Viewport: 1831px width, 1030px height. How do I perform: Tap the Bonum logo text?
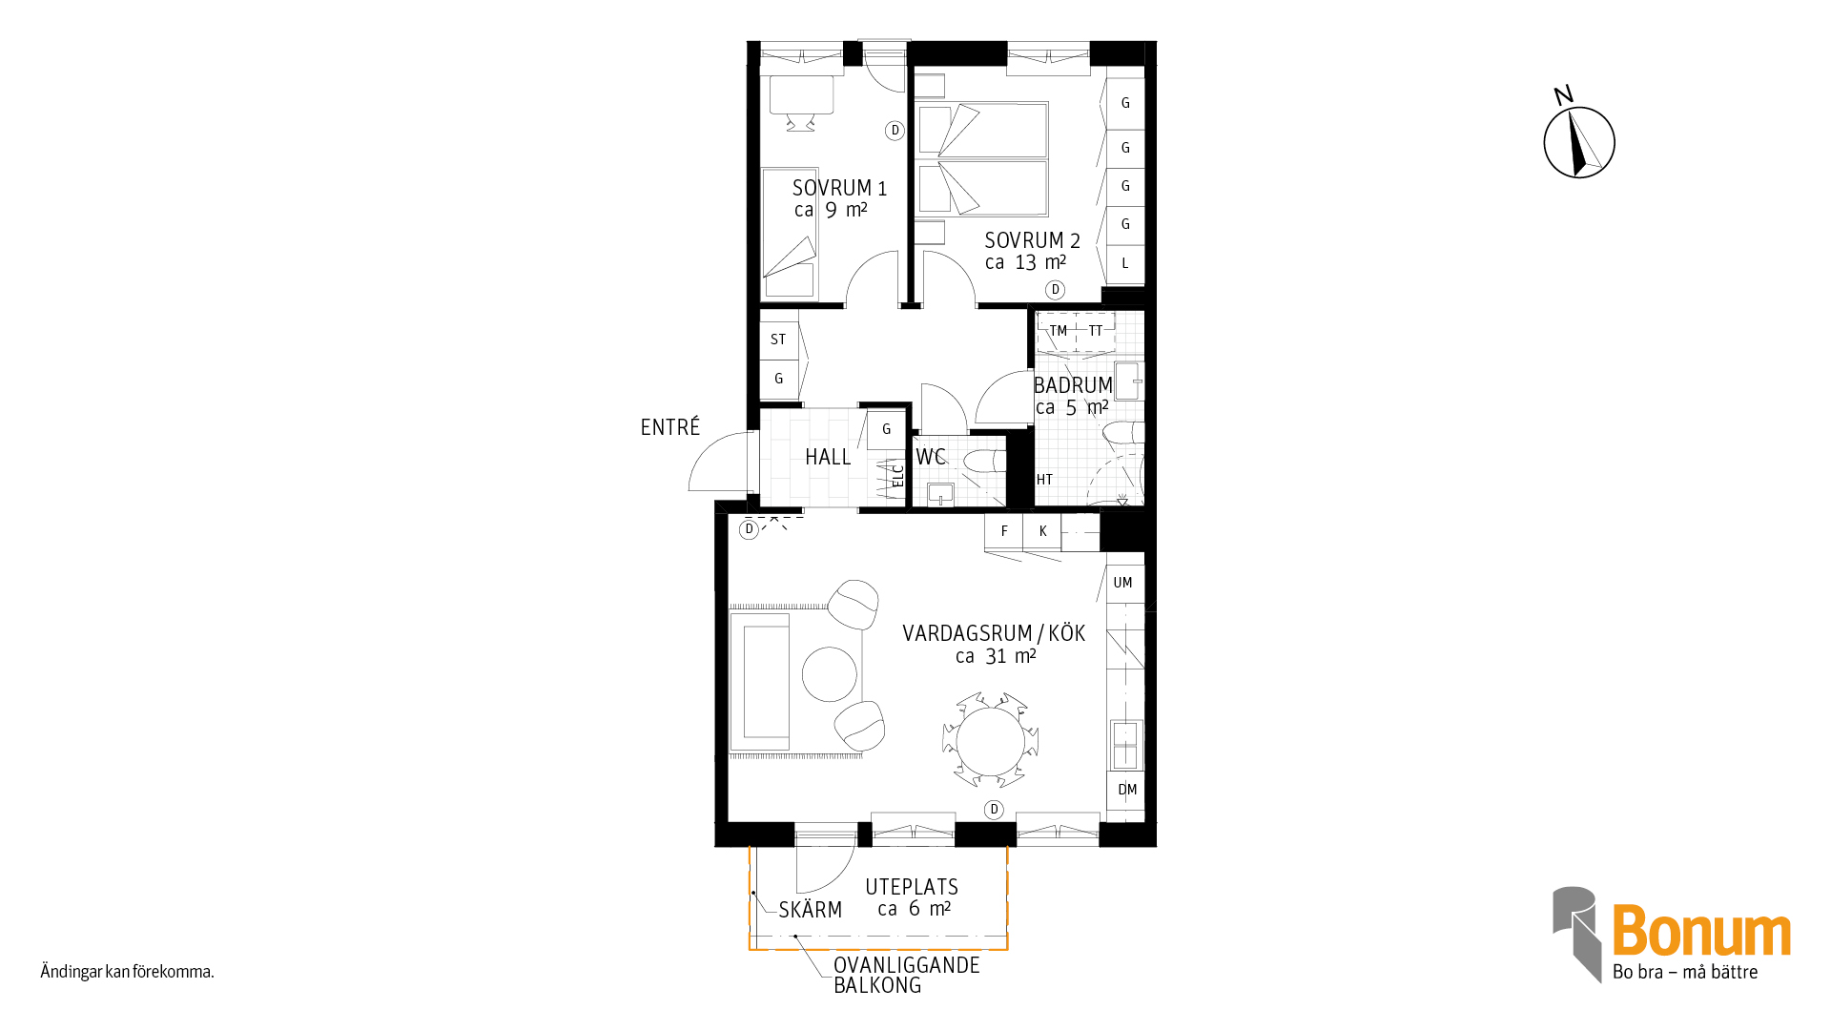click(1701, 931)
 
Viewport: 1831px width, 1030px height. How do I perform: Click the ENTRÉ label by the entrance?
click(670, 427)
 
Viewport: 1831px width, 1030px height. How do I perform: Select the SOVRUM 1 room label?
click(839, 188)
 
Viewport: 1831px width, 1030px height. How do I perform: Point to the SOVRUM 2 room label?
click(1032, 240)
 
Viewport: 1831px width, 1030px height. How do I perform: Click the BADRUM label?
click(1073, 385)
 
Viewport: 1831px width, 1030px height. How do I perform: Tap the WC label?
click(931, 457)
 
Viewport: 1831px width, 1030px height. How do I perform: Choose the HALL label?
click(828, 457)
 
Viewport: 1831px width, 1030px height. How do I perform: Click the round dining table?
click(991, 741)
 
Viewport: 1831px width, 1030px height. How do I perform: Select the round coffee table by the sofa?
click(830, 674)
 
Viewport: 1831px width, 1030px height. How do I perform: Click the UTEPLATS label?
click(912, 887)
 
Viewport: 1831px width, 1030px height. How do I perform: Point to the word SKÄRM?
click(811, 910)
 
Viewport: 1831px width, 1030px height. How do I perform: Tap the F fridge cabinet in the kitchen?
click(1003, 531)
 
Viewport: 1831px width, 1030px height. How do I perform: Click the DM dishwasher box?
click(1126, 791)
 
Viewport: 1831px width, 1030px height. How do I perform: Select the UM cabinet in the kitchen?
click(1124, 584)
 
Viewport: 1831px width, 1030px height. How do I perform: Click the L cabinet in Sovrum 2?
click(1125, 264)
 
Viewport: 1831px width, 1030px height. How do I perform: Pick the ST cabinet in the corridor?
click(778, 340)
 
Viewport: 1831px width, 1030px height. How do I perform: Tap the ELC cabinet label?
click(897, 475)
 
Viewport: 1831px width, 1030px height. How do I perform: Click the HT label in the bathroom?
click(1044, 480)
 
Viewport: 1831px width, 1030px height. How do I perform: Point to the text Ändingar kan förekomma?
click(127, 972)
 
